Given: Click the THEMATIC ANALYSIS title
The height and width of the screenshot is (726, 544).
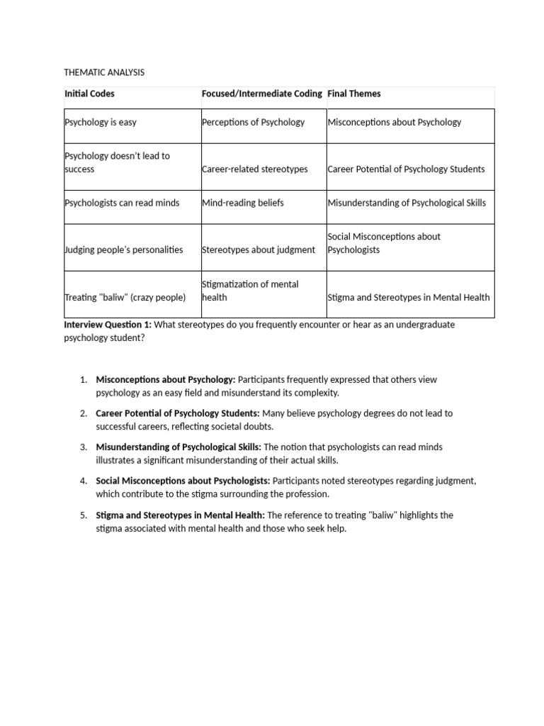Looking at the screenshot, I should coord(104,72).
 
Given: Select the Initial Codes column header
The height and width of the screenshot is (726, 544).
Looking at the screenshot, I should coord(89,94).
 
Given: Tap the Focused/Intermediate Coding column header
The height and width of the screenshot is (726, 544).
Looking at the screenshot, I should coord(261,94).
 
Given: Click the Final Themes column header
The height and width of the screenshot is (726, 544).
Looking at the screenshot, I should coord(353,94).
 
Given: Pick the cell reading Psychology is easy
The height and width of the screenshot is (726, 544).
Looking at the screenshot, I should coord(101,122).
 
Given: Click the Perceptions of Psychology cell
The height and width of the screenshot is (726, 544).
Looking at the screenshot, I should coord(253,122).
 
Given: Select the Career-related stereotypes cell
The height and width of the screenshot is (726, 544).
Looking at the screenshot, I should coord(254,169).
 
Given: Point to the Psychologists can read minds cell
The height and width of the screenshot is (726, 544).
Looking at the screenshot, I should coord(122,203).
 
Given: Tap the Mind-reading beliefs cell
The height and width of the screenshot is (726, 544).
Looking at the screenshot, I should coord(242,203).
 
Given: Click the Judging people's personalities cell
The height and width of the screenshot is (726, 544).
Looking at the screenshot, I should coord(124,250).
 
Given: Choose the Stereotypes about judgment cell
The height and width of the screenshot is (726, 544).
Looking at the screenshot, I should coord(259,250).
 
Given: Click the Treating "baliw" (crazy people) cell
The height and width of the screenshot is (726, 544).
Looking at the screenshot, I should coord(125,298).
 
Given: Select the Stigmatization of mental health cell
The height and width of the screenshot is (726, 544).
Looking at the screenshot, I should coord(250,291).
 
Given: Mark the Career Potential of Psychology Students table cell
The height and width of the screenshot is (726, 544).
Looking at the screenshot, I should coord(406,169).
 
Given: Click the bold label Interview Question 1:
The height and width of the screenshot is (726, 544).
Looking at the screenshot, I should coord(108,325).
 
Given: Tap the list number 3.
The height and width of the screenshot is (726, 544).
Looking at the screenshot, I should coord(84,447).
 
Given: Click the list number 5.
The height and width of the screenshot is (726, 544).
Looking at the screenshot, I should coord(84,515).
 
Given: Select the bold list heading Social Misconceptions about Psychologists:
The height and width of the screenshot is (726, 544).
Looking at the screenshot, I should coord(183,481).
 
